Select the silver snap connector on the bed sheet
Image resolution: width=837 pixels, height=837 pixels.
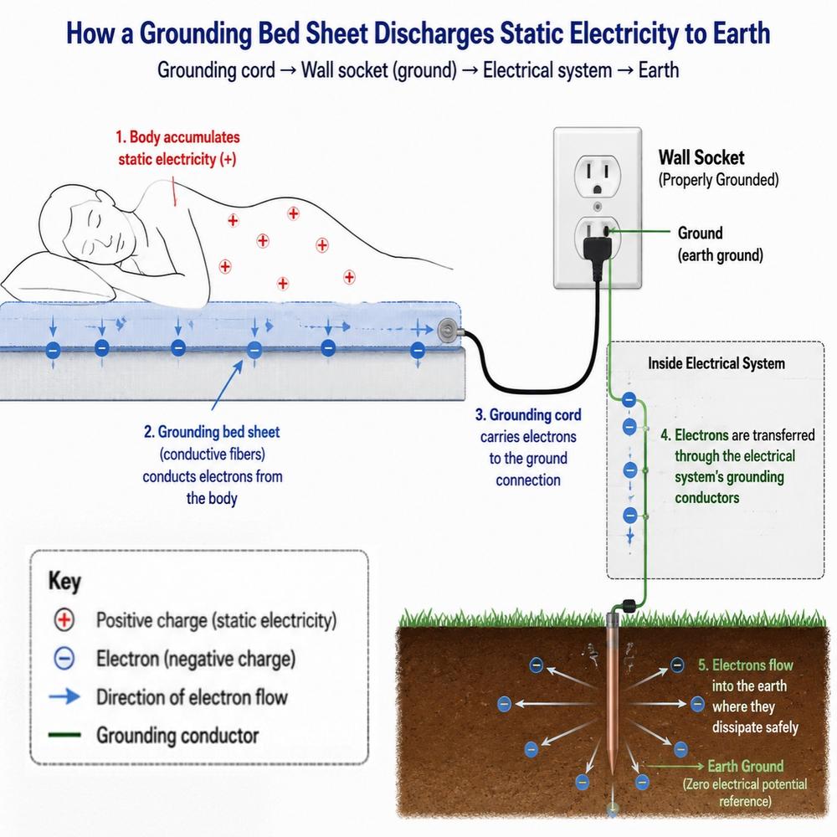click(x=448, y=331)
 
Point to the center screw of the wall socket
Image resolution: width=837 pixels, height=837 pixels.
click(x=598, y=207)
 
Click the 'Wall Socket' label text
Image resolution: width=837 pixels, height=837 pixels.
click(x=701, y=157)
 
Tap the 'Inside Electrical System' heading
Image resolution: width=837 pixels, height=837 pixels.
click(x=716, y=363)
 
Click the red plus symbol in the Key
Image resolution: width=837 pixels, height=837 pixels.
click(x=64, y=619)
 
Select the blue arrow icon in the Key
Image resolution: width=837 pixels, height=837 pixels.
click(x=64, y=696)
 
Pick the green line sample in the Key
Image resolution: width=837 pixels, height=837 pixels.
click(x=64, y=735)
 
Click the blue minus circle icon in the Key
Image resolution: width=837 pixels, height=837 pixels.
click(x=64, y=658)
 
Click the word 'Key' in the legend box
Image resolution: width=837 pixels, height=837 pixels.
click(x=64, y=582)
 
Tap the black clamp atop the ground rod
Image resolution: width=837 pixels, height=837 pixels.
click(x=626, y=606)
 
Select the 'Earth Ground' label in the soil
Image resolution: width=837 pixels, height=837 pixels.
click(x=745, y=766)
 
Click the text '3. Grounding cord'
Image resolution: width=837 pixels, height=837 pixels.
click(x=528, y=415)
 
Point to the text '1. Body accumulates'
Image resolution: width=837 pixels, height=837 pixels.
click(x=177, y=137)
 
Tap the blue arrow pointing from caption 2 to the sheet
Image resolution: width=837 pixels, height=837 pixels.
click(x=228, y=385)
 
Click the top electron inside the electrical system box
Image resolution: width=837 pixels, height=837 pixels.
click(x=629, y=398)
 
